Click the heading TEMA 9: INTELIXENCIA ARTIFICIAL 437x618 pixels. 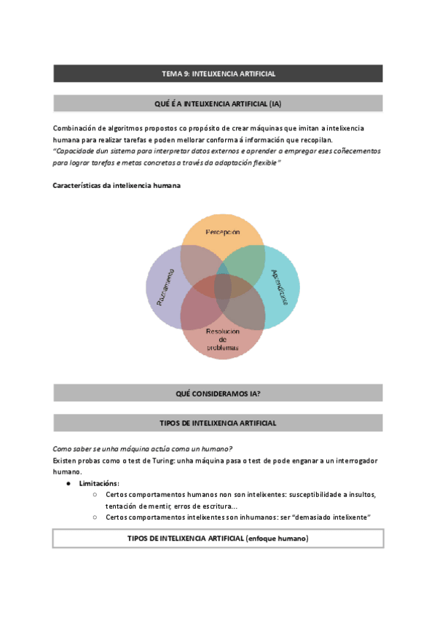click(x=219, y=74)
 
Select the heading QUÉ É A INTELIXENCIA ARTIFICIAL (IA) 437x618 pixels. click(x=219, y=104)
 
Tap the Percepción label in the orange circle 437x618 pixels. click(x=222, y=232)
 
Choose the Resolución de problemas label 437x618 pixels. click(x=222, y=339)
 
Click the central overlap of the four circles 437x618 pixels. click(x=222, y=285)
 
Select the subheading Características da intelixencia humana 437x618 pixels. click(x=117, y=185)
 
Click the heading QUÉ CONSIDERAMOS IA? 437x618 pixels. click(x=219, y=394)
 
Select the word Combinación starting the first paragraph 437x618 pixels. click(x=75, y=128)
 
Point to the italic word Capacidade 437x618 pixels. click(x=77, y=151)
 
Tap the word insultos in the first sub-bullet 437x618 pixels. click(x=360, y=494)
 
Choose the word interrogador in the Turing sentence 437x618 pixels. click(x=351, y=461)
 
